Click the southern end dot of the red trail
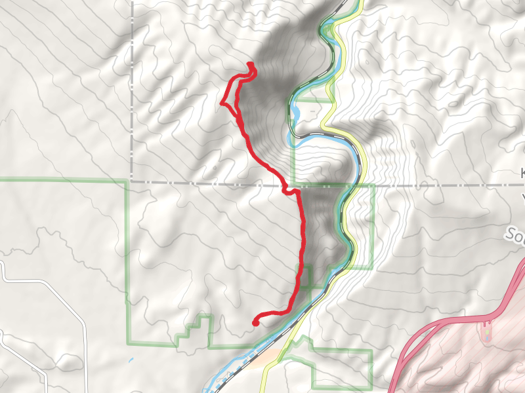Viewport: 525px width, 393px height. click(x=255, y=322)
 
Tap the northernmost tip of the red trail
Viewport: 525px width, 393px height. click(x=251, y=63)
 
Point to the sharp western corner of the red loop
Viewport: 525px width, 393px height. click(x=222, y=103)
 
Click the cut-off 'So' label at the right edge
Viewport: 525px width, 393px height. click(x=514, y=234)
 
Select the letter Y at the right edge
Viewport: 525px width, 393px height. click(x=522, y=196)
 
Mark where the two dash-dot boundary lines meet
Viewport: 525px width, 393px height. click(x=131, y=181)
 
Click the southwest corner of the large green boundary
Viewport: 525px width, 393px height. click(x=127, y=343)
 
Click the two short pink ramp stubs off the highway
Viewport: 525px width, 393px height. click(x=486, y=322)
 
